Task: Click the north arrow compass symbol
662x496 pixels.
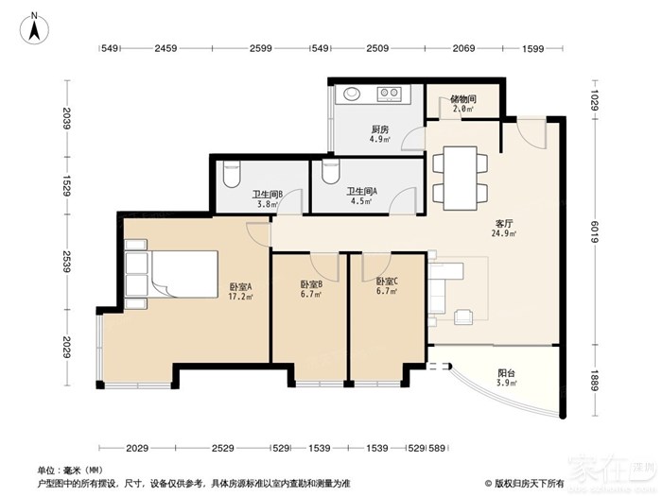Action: pos(35,27)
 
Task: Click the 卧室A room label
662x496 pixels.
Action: pos(240,287)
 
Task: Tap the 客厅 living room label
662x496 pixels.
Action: pos(505,224)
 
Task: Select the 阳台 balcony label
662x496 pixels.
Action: pos(506,373)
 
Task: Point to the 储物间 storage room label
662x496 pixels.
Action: pos(463,99)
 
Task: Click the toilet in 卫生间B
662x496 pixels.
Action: pos(231,174)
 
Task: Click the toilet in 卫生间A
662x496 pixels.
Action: pos(331,171)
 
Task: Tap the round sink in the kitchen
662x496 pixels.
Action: pos(351,94)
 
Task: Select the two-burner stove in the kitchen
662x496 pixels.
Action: pos(389,94)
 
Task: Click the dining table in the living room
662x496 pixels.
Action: pos(461,178)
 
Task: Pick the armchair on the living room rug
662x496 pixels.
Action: pos(463,316)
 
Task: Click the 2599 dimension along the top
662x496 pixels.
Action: pos(260,48)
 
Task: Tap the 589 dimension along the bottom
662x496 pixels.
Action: pos(437,448)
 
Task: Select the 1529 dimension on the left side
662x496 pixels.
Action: pos(66,186)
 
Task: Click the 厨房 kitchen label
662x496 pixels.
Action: pos(380,129)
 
